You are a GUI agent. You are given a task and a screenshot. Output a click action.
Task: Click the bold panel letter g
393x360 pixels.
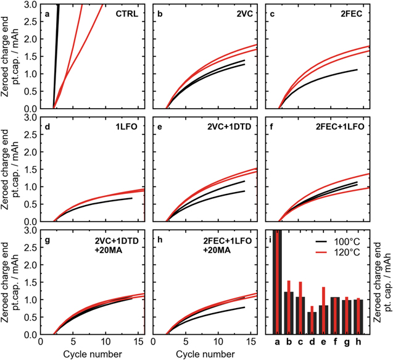[46, 240]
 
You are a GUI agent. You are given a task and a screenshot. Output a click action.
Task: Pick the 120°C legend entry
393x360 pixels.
[348, 253]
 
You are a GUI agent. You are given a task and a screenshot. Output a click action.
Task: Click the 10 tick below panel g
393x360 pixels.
[106, 341]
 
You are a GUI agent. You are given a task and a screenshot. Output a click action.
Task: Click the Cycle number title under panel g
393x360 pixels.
[92, 353]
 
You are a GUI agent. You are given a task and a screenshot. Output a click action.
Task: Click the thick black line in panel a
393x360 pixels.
[57, 56]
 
